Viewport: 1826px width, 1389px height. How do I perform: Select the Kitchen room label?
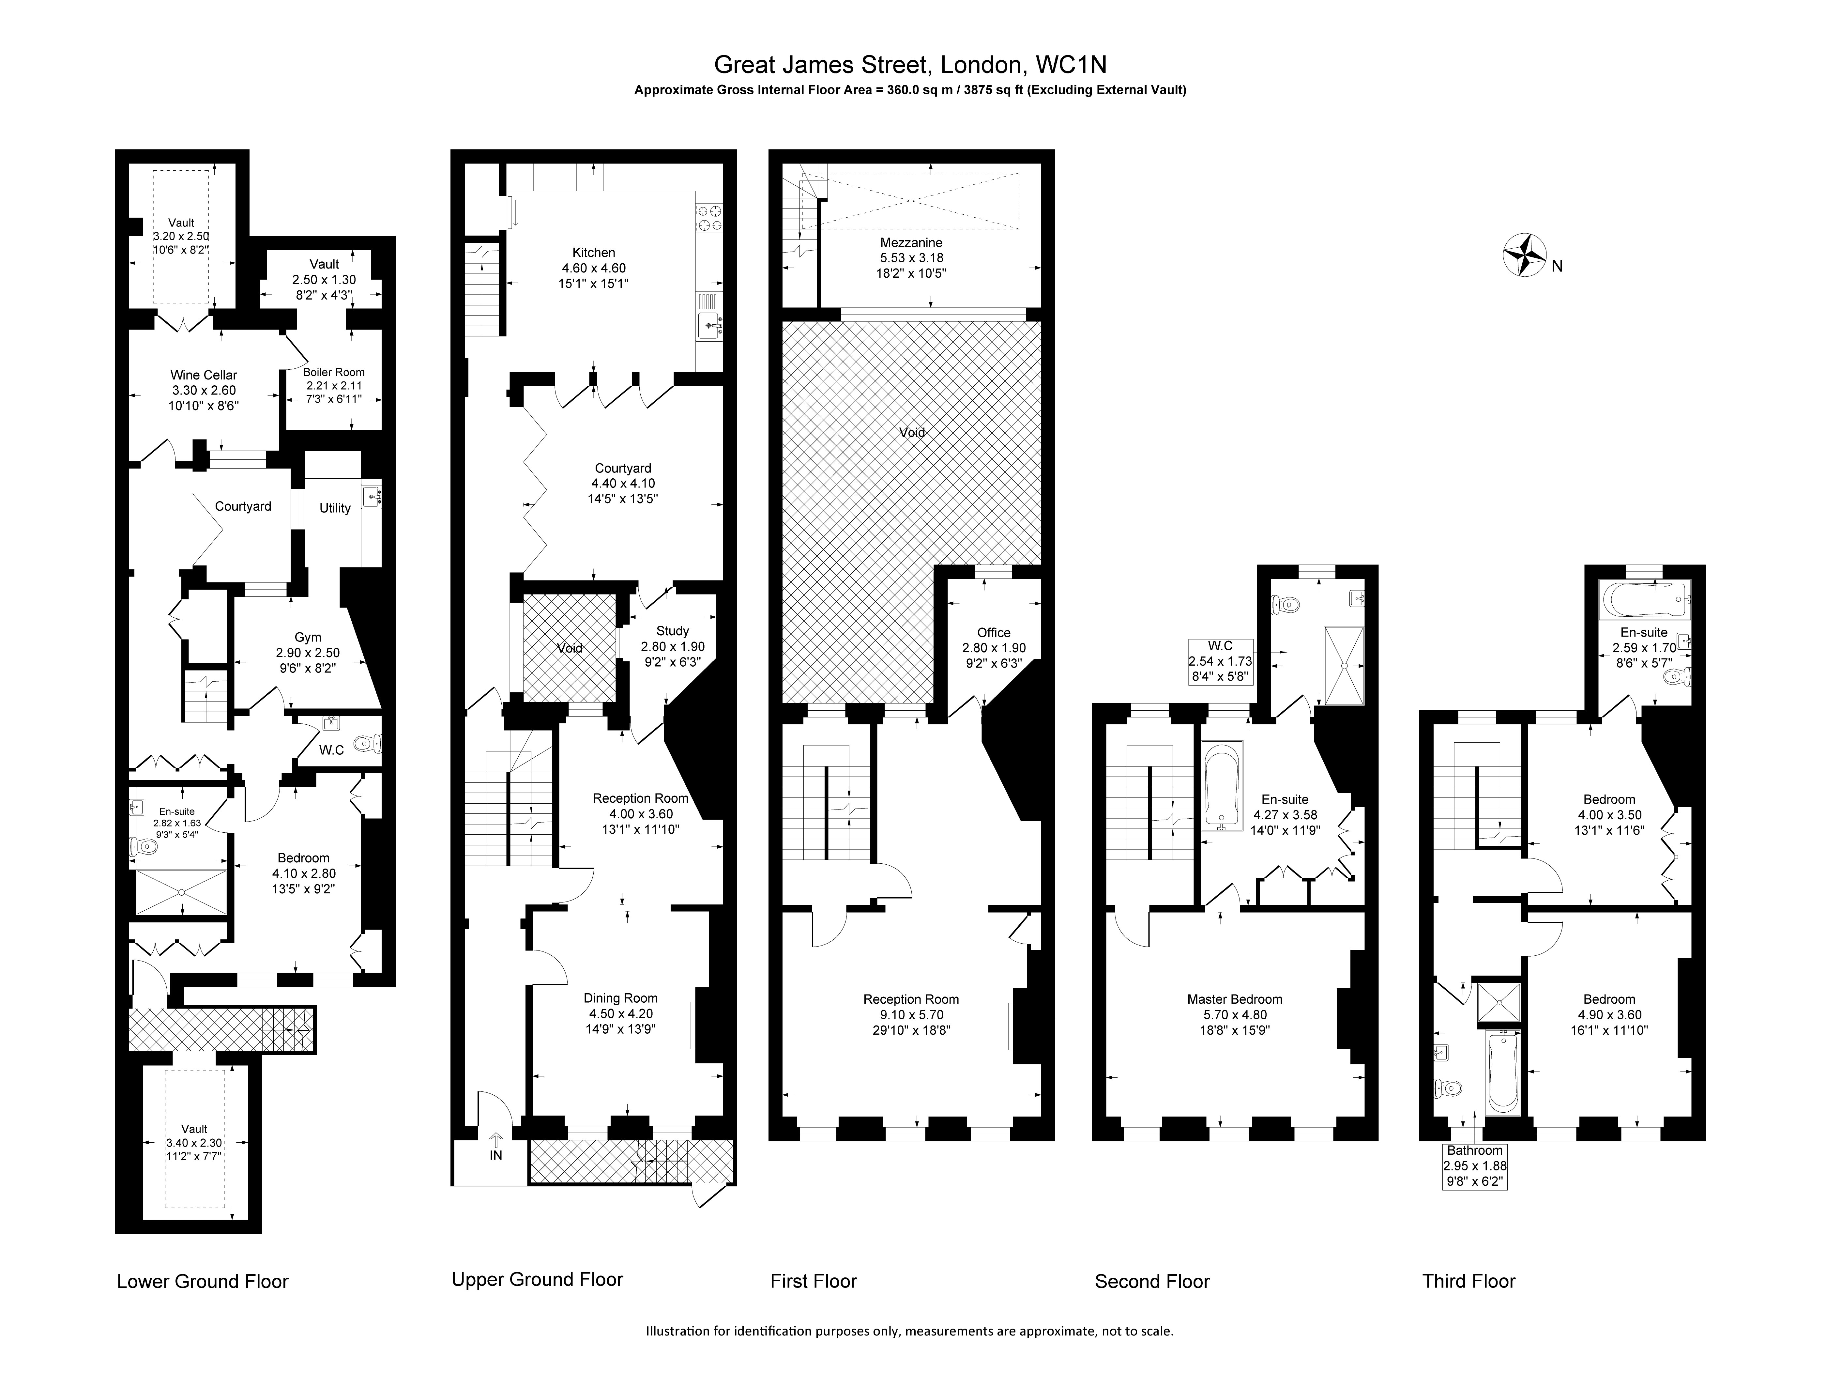point(594,252)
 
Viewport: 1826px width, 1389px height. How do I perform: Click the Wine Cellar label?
point(203,375)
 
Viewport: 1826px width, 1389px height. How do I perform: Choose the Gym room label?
point(308,638)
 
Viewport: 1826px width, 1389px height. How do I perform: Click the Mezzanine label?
point(911,242)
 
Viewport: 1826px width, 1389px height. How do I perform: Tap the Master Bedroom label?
point(1235,999)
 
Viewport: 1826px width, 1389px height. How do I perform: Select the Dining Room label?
point(621,998)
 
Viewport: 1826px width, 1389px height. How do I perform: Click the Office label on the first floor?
point(994,632)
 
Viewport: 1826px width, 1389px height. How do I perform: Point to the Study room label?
point(673,631)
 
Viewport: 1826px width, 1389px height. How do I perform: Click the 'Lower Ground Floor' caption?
point(203,1282)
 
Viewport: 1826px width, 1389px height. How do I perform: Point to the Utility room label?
point(335,508)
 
